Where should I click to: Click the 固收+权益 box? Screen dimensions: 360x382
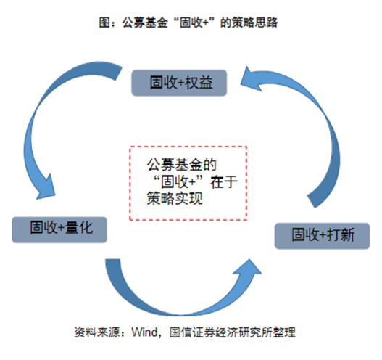click(x=179, y=82)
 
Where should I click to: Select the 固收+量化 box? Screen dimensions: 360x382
click(x=59, y=229)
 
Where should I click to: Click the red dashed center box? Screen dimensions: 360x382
click(x=188, y=182)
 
